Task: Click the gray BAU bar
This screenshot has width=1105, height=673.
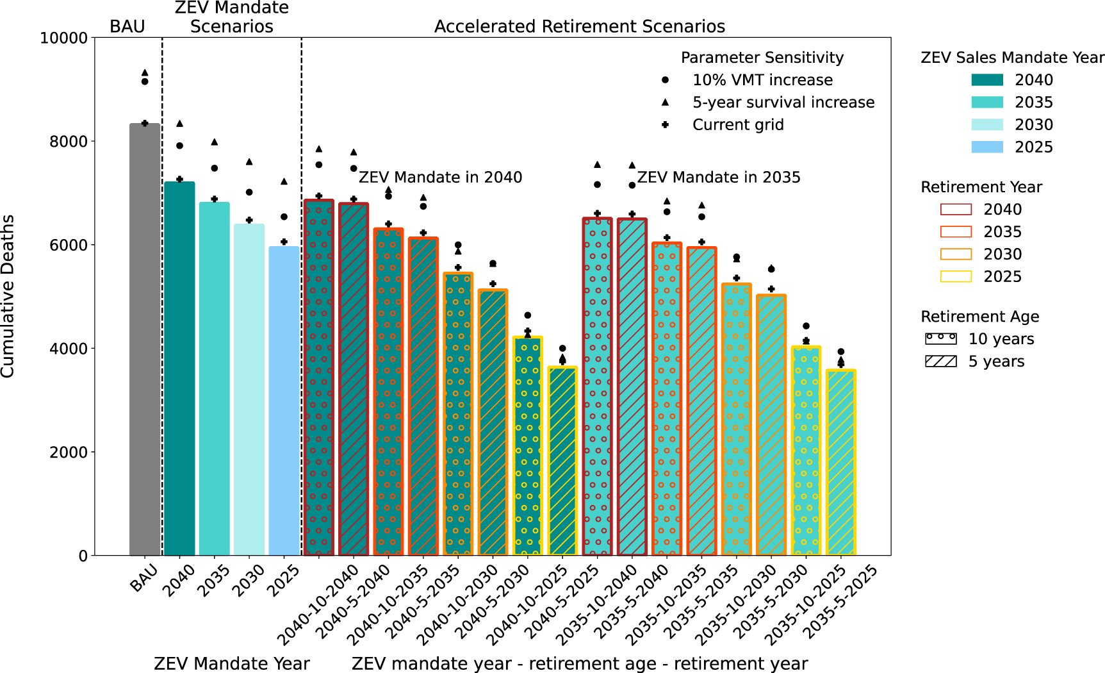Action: pyautogui.click(x=145, y=340)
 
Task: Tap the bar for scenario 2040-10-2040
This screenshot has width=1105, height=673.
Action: pyautogui.click(x=318, y=378)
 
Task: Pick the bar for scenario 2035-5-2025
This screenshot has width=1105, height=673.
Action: pyautogui.click(x=840, y=461)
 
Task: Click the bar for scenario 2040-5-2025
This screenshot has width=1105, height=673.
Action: pyautogui.click(x=562, y=461)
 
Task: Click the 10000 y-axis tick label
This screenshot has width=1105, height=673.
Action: pyautogui.click(x=63, y=38)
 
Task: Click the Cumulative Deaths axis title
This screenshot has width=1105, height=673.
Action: pyautogui.click(x=8, y=296)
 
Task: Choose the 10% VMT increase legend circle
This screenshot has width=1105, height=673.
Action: pyautogui.click(x=665, y=80)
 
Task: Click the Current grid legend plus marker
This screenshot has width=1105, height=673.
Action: pyautogui.click(x=665, y=125)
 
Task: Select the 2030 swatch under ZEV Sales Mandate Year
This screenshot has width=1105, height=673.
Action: pyautogui.click(x=987, y=125)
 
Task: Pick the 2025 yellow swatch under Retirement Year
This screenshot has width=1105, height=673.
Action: pyautogui.click(x=956, y=277)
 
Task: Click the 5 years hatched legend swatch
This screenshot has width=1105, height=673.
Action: pyautogui.click(x=940, y=361)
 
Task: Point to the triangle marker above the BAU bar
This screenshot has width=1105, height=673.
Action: pyautogui.click(x=145, y=73)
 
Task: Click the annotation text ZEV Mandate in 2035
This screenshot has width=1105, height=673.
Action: pyautogui.click(x=719, y=178)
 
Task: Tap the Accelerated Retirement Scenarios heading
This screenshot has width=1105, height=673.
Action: pyautogui.click(x=580, y=27)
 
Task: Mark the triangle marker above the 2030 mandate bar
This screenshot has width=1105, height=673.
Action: pyautogui.click(x=249, y=162)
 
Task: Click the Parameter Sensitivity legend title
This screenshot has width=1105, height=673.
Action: pyautogui.click(x=762, y=58)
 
